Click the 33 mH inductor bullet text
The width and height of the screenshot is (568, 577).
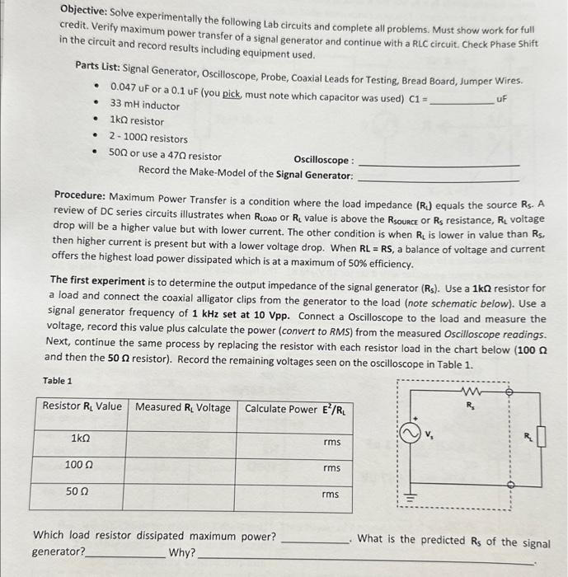[x=144, y=106]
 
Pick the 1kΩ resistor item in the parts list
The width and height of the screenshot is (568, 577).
[x=137, y=122]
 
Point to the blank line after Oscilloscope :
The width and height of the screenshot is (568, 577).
[x=439, y=164]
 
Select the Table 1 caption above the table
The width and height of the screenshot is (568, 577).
[x=57, y=381]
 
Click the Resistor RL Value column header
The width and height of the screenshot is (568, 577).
[x=82, y=407]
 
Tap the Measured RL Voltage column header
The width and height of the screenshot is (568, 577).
[x=183, y=407]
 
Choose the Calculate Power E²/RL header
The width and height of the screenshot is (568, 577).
[x=293, y=409]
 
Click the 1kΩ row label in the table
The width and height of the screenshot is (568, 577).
[x=81, y=438]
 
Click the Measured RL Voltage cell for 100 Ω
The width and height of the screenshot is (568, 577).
[x=183, y=467]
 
